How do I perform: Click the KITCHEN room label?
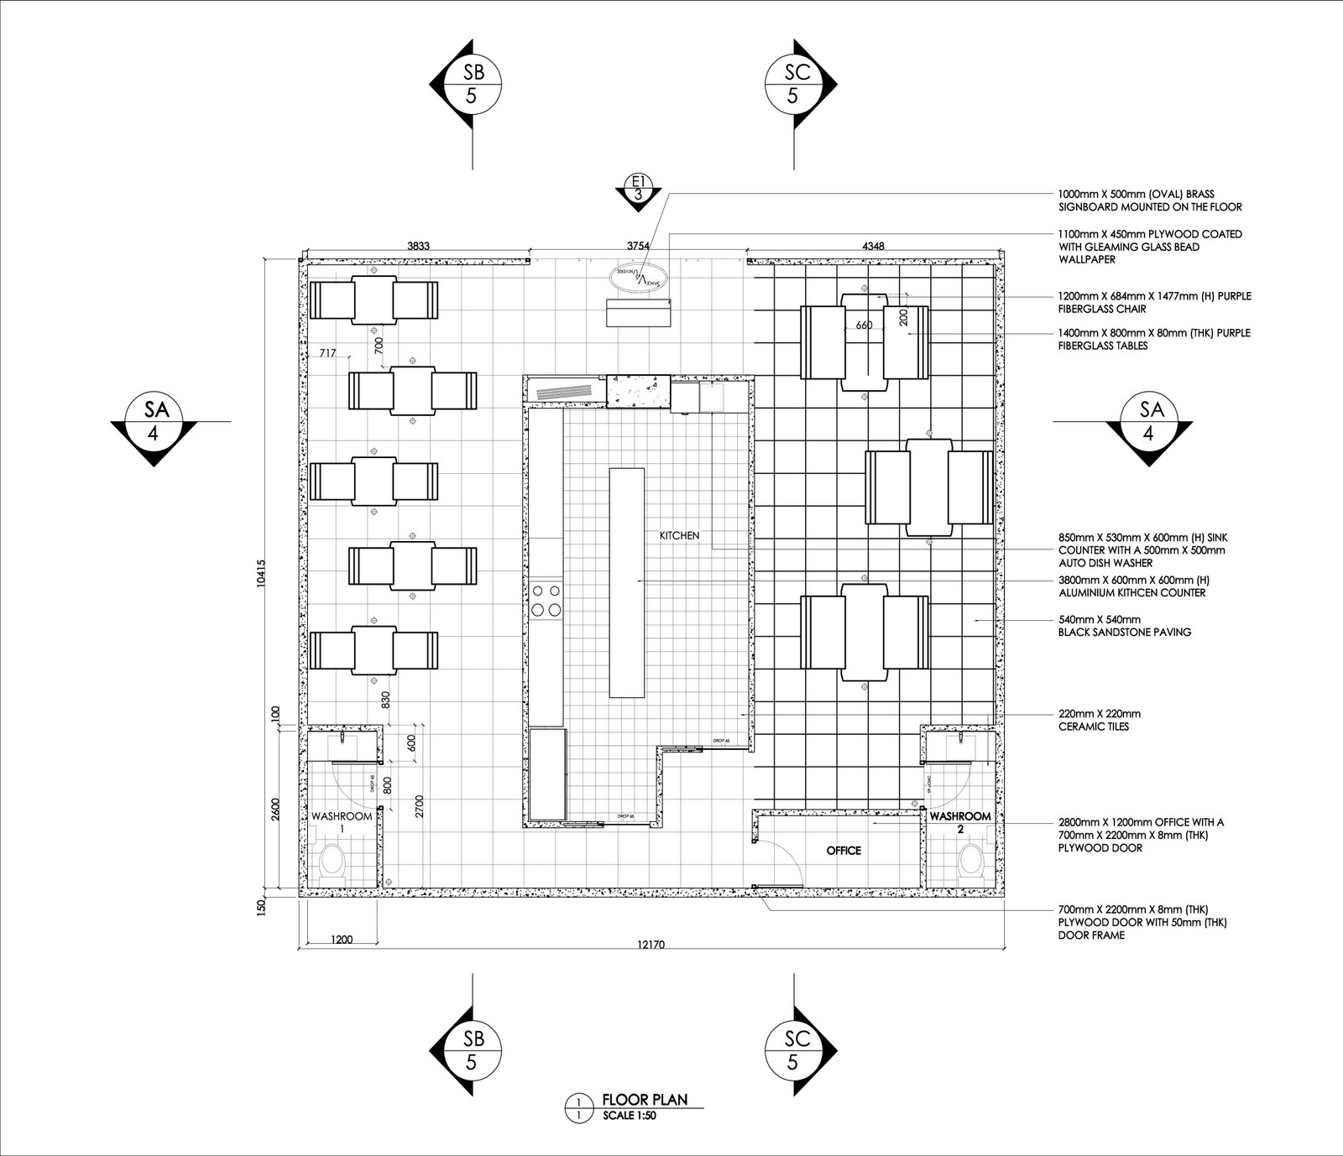pos(679,535)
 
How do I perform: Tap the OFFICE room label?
pos(844,850)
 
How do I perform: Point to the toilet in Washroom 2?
pos(972,859)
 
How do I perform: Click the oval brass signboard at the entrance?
pos(639,276)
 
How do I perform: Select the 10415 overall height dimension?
pos(261,575)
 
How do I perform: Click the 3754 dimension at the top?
pos(639,246)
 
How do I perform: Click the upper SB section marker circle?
pos(471,84)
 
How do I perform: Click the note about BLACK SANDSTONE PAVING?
pos(1124,626)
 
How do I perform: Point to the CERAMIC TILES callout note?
pos(1099,720)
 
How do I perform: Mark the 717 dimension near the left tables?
pos(327,353)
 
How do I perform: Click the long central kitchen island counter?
pos(628,581)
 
